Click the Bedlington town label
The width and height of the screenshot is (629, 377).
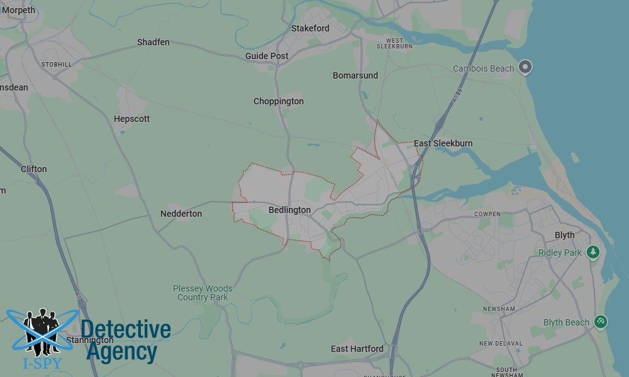289,210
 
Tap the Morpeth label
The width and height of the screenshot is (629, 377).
19,10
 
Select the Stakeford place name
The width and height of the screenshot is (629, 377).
310,28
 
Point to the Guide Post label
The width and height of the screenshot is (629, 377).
267,56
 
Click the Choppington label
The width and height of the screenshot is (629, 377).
279,101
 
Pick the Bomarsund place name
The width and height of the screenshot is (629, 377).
355,75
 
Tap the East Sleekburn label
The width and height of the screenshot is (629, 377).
443,143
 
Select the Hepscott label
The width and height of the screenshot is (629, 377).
132,119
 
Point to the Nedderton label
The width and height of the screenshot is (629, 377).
181,214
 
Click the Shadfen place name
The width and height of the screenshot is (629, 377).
153,42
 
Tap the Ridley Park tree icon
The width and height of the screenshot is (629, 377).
593,252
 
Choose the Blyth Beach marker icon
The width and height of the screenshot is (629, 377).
601,322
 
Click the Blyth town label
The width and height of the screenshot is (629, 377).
564,235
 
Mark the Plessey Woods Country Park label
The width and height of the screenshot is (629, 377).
203,293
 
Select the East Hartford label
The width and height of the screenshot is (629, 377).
357,349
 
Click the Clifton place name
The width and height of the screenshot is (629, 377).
34,169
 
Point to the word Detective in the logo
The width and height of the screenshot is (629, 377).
126,329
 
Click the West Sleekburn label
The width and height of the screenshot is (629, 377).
394,43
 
